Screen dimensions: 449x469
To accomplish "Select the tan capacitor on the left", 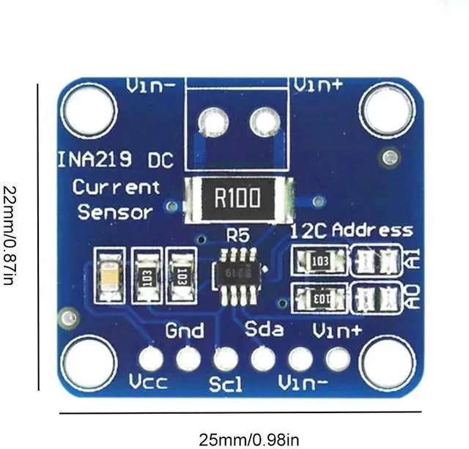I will [111, 275].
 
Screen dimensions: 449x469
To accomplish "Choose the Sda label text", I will [264, 329].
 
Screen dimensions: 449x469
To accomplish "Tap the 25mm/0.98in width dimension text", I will [249, 439].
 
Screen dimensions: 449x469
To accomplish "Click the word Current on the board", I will [116, 187].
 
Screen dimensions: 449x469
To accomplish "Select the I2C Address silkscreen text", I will [351, 231].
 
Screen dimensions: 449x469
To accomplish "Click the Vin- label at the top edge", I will [150, 86].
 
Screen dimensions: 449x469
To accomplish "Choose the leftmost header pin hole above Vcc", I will [152, 359].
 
